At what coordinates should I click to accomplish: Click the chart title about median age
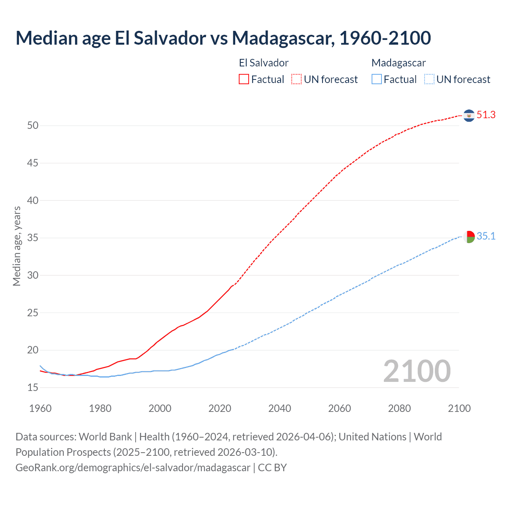223,38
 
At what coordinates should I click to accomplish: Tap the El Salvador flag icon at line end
469,115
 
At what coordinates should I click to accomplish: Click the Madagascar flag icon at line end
469,237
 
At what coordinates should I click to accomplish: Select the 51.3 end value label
486,115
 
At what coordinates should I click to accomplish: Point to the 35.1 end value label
486,236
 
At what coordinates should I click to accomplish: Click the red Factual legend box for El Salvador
244,79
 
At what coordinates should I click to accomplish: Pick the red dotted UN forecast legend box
296,79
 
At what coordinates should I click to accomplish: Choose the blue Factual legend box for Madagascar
376,79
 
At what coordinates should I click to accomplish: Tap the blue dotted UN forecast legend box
429,79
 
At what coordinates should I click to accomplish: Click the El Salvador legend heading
264,63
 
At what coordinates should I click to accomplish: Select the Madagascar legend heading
398,63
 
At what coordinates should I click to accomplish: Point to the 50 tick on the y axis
33,126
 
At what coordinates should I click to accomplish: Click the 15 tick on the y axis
33,387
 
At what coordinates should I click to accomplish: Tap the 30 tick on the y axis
33,275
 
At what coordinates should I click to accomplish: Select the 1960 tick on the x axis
40,408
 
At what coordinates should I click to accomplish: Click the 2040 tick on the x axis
279,408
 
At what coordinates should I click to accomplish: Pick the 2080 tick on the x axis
399,408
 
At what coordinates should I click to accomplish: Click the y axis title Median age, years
17,246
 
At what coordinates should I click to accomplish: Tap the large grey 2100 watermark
417,371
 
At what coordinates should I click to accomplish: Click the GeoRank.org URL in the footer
133,468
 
